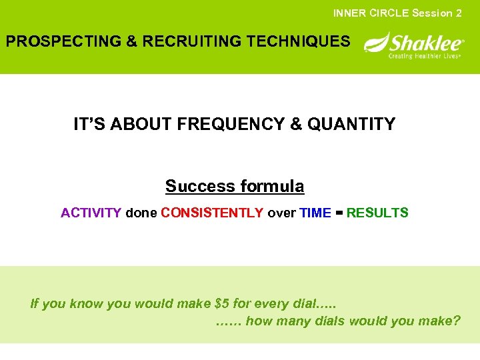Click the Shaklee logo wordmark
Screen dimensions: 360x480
click(425, 43)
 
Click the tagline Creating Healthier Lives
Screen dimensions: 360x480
click(425, 57)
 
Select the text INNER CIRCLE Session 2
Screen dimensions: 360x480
click(397, 13)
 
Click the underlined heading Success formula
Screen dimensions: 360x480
click(235, 186)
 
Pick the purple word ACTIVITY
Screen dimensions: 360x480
click(91, 213)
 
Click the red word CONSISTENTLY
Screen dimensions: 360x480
click(212, 213)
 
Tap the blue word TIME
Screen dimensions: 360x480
click(315, 213)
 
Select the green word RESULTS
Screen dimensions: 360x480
click(377, 213)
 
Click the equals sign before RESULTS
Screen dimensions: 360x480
click(339, 213)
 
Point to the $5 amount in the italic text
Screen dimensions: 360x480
click(222, 304)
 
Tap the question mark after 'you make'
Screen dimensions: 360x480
click(456, 321)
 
